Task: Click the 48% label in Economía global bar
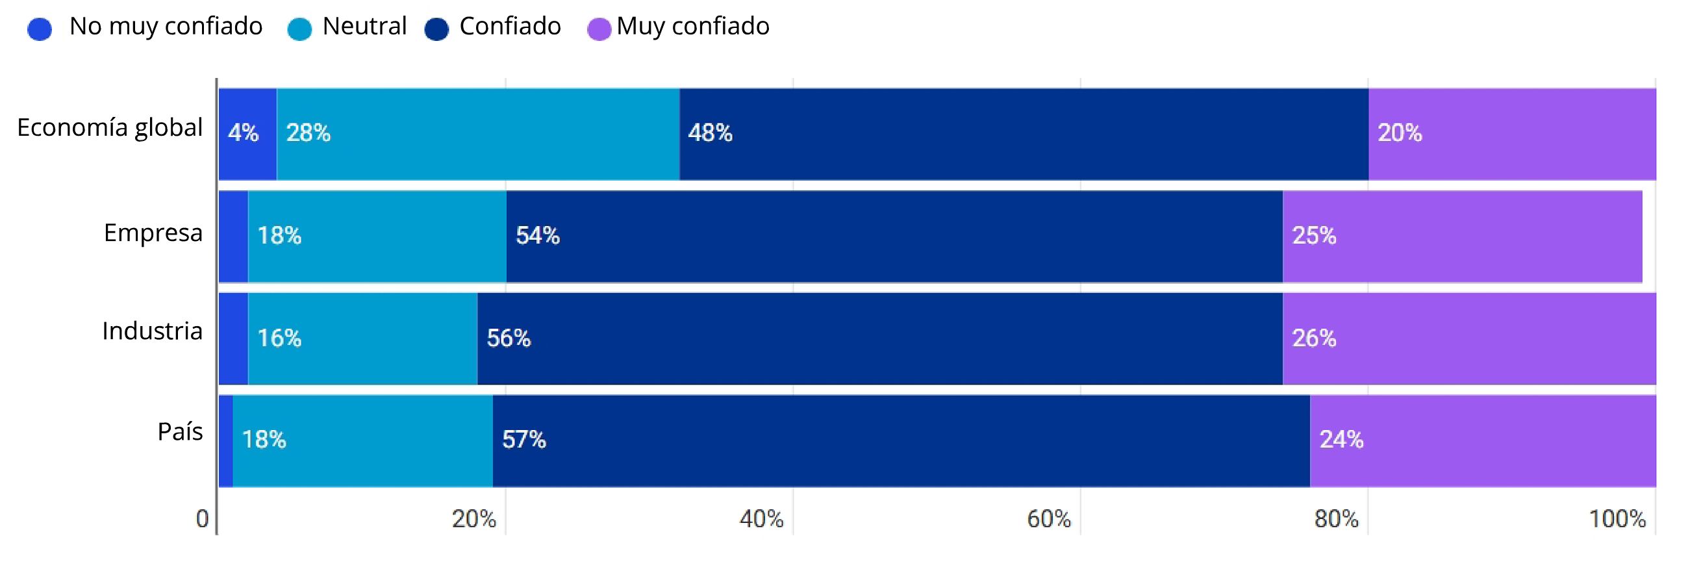[x=710, y=133]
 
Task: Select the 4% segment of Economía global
[x=247, y=134]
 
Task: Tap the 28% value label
[x=308, y=133]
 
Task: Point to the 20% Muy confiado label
[x=1400, y=133]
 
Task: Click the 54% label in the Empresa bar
[x=537, y=235]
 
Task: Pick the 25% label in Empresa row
[x=1314, y=235]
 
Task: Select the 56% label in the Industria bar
[x=509, y=338]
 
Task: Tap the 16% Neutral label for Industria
[x=279, y=338]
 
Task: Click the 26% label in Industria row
[x=1314, y=338]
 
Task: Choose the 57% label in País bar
[x=523, y=439]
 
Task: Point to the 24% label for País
[x=1341, y=439]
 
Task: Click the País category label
[x=180, y=432]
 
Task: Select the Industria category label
[x=152, y=332]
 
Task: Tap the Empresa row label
[x=153, y=233]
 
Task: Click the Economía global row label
[x=110, y=128]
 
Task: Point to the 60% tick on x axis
[x=1048, y=519]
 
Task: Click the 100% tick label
[x=1617, y=519]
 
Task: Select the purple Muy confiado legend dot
[x=599, y=29]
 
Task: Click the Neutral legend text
[x=364, y=26]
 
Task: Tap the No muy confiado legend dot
[x=40, y=29]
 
